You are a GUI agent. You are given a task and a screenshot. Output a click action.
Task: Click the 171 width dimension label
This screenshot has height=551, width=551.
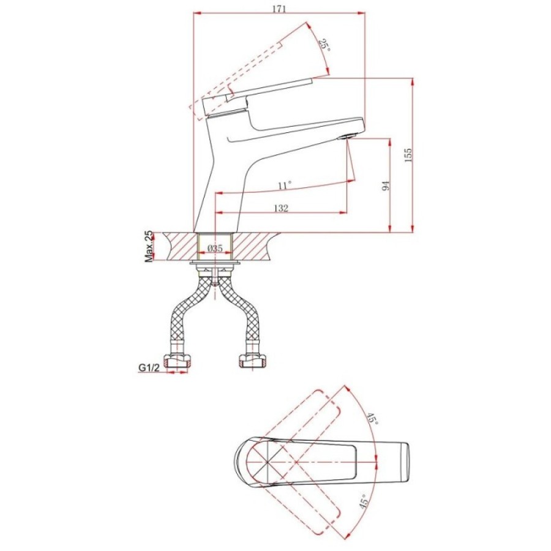279,9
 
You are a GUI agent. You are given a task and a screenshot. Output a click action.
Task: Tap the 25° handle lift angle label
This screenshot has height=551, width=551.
324,45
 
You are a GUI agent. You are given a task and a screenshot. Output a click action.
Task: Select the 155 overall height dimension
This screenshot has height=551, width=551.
408,155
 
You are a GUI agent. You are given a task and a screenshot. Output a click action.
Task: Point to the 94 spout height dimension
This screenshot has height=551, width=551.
386,186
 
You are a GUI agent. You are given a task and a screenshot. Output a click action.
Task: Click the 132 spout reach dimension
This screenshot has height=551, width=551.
281,208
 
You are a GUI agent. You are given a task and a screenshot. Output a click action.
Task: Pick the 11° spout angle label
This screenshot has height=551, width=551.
285,185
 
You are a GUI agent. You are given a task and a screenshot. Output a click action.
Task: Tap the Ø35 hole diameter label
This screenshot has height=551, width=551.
215,248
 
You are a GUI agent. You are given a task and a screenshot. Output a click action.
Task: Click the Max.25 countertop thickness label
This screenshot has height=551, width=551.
149,246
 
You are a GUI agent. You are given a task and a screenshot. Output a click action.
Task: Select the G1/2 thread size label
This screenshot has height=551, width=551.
149,367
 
